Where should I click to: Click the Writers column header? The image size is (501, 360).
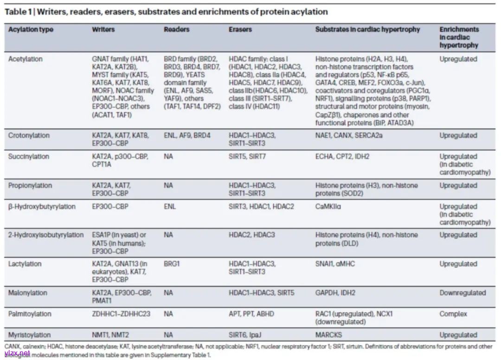click(x=103, y=29)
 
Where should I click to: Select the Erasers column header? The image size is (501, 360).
click(x=240, y=29)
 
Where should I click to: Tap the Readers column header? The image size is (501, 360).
click(x=176, y=29)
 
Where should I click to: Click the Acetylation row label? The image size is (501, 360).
click(x=26, y=59)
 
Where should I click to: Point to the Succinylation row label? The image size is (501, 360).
click(x=28, y=156)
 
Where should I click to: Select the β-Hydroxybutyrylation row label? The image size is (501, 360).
click(x=41, y=206)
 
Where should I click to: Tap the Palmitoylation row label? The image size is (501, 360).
click(x=30, y=314)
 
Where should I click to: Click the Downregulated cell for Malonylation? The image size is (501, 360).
click(x=462, y=293)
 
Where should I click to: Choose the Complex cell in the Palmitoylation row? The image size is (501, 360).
click(x=453, y=314)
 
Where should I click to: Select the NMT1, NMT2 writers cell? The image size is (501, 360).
click(x=110, y=334)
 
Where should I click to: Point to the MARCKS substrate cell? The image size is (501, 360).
click(x=328, y=334)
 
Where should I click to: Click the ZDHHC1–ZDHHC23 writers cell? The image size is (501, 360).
click(x=121, y=314)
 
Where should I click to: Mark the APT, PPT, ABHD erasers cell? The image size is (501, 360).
click(x=251, y=314)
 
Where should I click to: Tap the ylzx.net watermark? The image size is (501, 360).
click(x=17, y=354)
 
